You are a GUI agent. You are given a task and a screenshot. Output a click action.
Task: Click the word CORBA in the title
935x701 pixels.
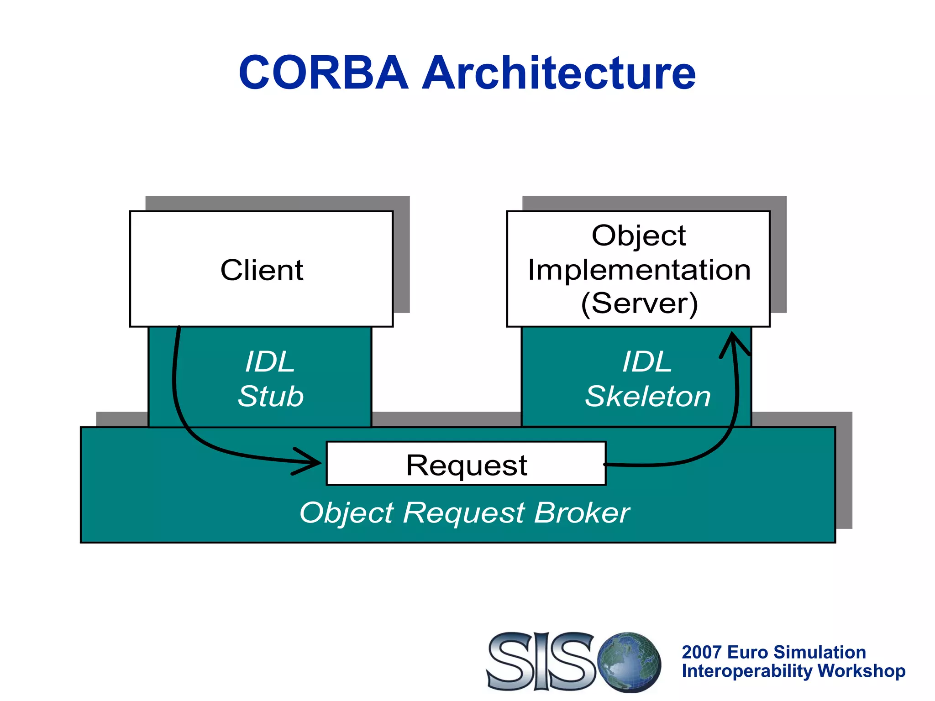click(323, 73)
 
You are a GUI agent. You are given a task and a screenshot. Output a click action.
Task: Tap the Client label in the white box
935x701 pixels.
click(262, 270)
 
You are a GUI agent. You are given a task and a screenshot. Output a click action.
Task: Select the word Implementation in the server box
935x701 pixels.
click(639, 270)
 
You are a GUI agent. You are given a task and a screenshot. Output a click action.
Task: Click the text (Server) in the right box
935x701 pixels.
click(639, 303)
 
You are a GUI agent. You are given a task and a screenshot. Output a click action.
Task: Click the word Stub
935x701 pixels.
click(271, 396)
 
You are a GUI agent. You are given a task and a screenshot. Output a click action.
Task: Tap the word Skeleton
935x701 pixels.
click(647, 396)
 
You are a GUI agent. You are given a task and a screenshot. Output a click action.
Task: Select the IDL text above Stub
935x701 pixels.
click(270, 362)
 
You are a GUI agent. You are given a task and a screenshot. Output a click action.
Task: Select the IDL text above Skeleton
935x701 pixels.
click(647, 362)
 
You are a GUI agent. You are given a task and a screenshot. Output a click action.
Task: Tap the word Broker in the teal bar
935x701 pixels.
click(582, 513)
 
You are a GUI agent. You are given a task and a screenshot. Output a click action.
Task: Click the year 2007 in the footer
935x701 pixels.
click(701, 652)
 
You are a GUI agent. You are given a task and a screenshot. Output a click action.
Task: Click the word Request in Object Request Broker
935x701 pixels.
click(463, 513)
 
